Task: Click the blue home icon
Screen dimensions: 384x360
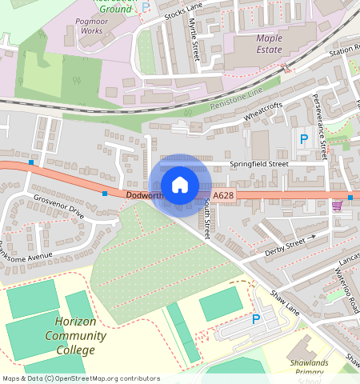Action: [x=180, y=185]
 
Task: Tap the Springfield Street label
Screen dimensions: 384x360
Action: [x=258, y=164]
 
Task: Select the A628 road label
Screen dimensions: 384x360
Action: [x=224, y=195]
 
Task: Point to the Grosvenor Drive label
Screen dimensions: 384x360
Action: [x=58, y=206]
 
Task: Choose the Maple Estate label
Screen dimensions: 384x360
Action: [x=269, y=43]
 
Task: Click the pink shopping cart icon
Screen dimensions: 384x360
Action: [x=336, y=206]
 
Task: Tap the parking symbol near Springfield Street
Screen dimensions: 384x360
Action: [x=303, y=140]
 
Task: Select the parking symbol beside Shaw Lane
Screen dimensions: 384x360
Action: [x=256, y=319]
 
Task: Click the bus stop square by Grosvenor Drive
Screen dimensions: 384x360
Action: [x=105, y=193]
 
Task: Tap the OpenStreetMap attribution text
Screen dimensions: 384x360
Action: [x=81, y=378]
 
